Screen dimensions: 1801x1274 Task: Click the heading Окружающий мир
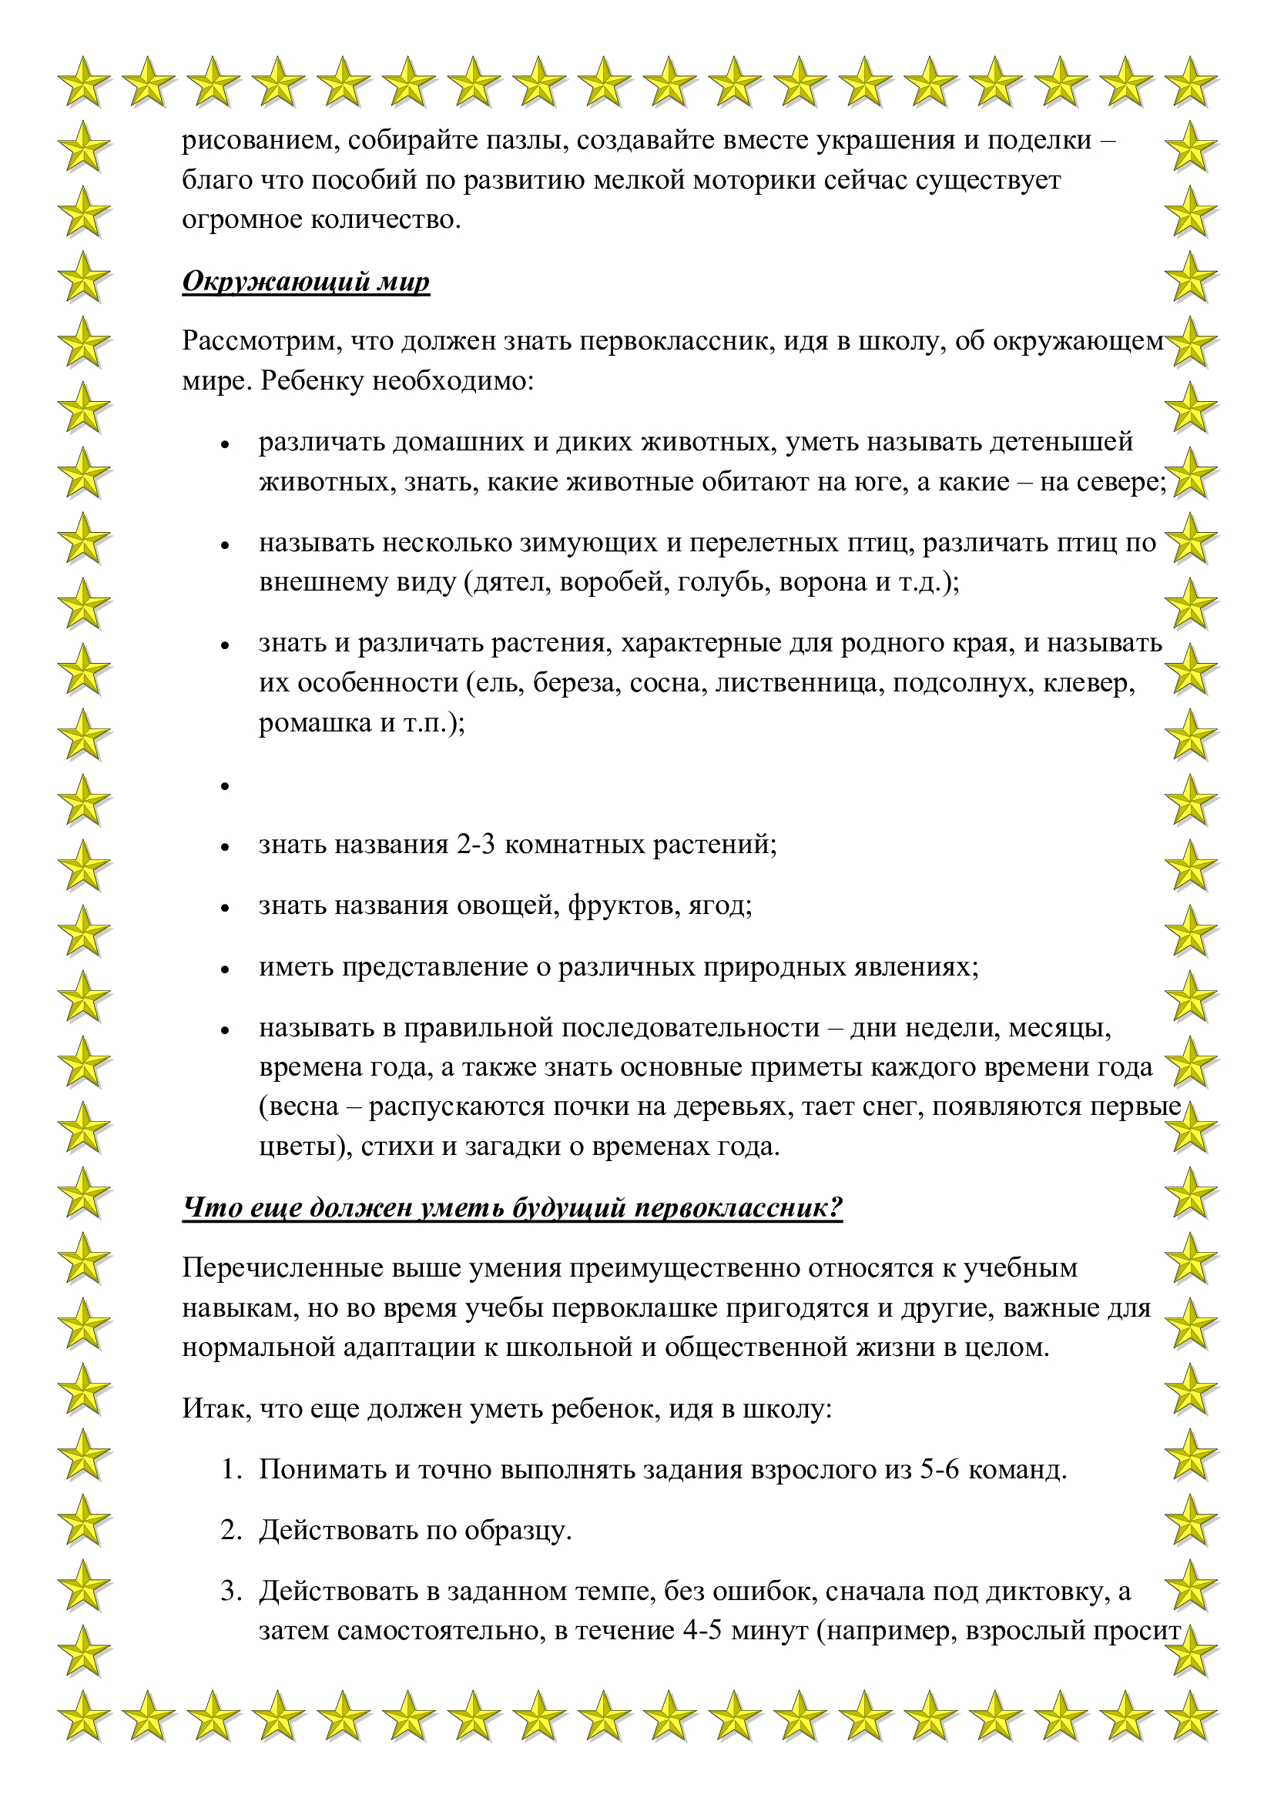pyautogui.click(x=306, y=281)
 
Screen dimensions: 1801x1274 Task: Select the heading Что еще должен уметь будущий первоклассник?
pyautogui.click(x=512, y=1207)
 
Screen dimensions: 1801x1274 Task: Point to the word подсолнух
pyautogui.click(x=964, y=683)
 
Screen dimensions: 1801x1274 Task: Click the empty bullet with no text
pyautogui.click(x=225, y=786)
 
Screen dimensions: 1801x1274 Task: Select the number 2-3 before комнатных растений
pyautogui.click(x=475, y=845)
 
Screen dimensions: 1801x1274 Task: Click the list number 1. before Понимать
pyautogui.click(x=231, y=1469)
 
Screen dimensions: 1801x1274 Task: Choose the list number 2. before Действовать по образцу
pyautogui.click(x=231, y=1531)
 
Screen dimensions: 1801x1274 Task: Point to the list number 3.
pyautogui.click(x=231, y=1591)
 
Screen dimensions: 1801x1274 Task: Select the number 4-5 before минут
pyautogui.click(x=703, y=1631)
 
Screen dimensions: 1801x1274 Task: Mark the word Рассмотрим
pyautogui.click(x=261, y=341)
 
